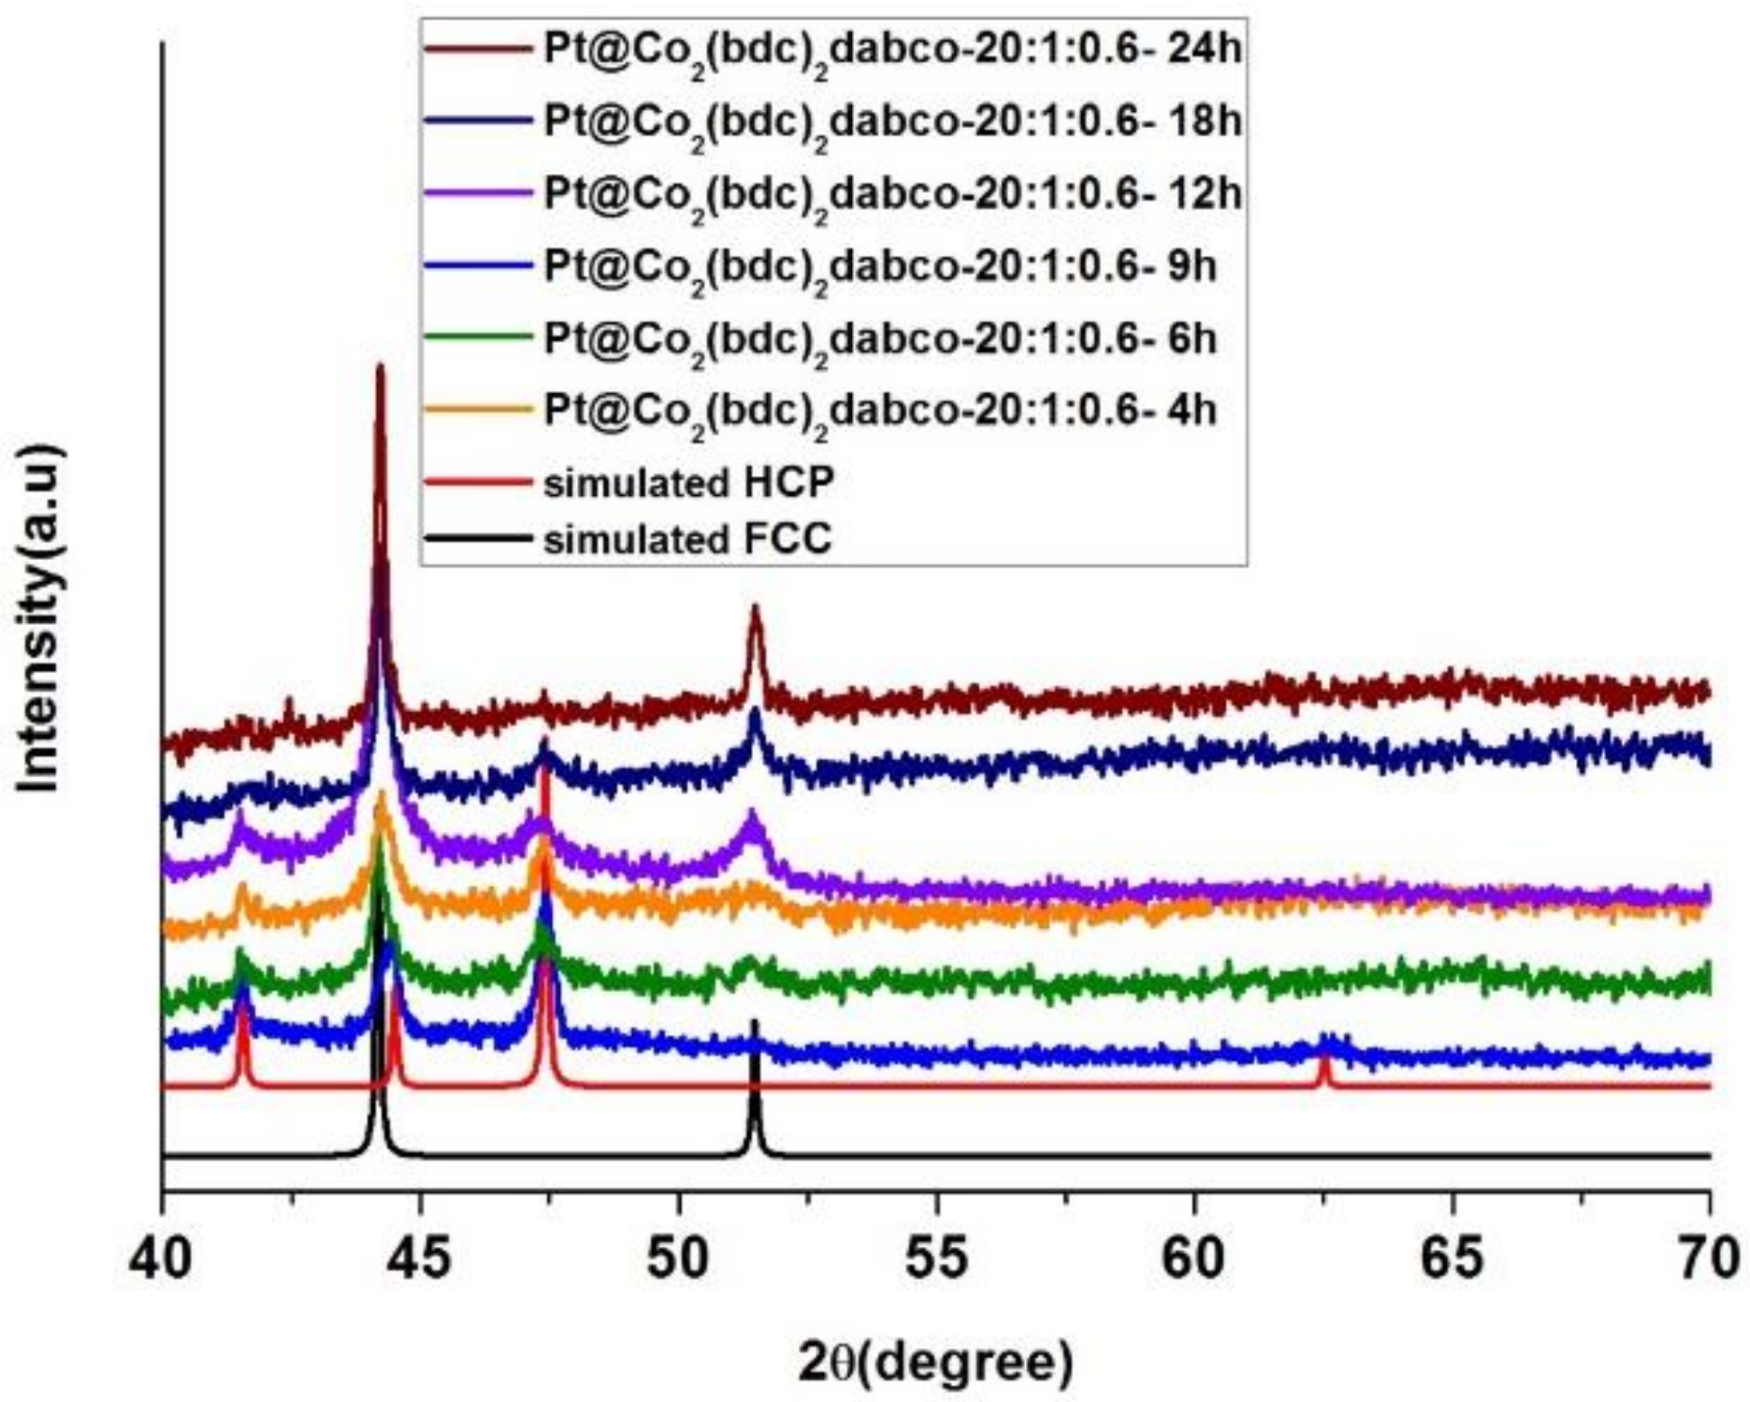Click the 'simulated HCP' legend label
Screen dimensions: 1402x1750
click(x=688, y=484)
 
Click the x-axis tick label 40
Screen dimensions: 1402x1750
click(x=160, y=1258)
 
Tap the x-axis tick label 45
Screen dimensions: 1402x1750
click(x=420, y=1258)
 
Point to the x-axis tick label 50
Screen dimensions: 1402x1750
click(x=678, y=1258)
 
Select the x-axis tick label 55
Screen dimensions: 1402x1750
click(x=937, y=1258)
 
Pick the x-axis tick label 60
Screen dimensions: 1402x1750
click(x=1195, y=1258)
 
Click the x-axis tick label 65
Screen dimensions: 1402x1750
click(x=1452, y=1258)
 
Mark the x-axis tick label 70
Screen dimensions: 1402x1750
click(x=1709, y=1258)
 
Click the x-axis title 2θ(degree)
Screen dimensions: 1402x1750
click(x=935, y=1363)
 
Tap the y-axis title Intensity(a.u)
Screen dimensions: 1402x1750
click(x=41, y=619)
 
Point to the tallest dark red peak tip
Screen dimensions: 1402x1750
click(x=380, y=367)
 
